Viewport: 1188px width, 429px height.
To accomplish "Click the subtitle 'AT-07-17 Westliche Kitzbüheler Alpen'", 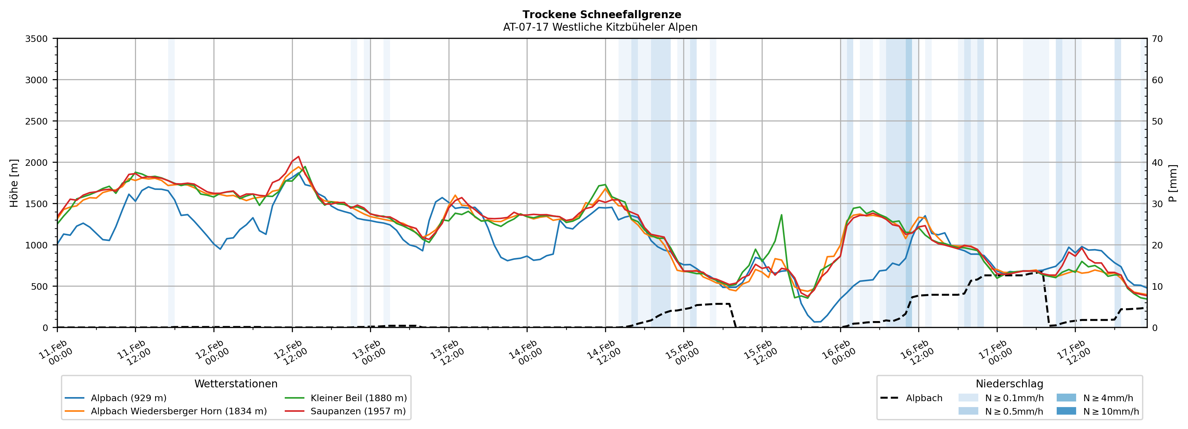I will pyautogui.click(x=600, y=27).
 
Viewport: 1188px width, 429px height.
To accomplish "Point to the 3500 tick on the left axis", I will pyautogui.click(x=37, y=39).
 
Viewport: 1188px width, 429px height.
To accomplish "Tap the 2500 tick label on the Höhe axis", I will pyautogui.click(x=37, y=121).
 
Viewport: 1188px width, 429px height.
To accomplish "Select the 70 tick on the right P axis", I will pyautogui.click(x=1157, y=39).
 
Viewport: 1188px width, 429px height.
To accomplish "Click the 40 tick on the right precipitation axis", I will pyautogui.click(x=1157, y=162).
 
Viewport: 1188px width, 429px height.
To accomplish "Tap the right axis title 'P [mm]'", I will pyautogui.click(x=1173, y=183).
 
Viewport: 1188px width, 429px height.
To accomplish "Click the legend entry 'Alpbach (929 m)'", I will pyautogui.click(x=128, y=398).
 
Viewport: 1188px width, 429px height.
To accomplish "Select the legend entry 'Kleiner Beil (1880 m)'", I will pyautogui.click(x=358, y=398).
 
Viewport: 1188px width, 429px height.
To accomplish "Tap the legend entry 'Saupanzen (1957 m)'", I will pyautogui.click(x=358, y=411).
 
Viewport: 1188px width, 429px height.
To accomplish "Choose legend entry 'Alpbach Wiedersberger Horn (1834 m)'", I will pyautogui.click(x=178, y=411).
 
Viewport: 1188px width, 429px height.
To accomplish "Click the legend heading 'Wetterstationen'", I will pyautogui.click(x=236, y=384).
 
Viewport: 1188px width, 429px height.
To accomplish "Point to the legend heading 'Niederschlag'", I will pyautogui.click(x=1009, y=384).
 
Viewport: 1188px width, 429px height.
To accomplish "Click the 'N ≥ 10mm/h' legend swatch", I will pyautogui.click(x=1066, y=411).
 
